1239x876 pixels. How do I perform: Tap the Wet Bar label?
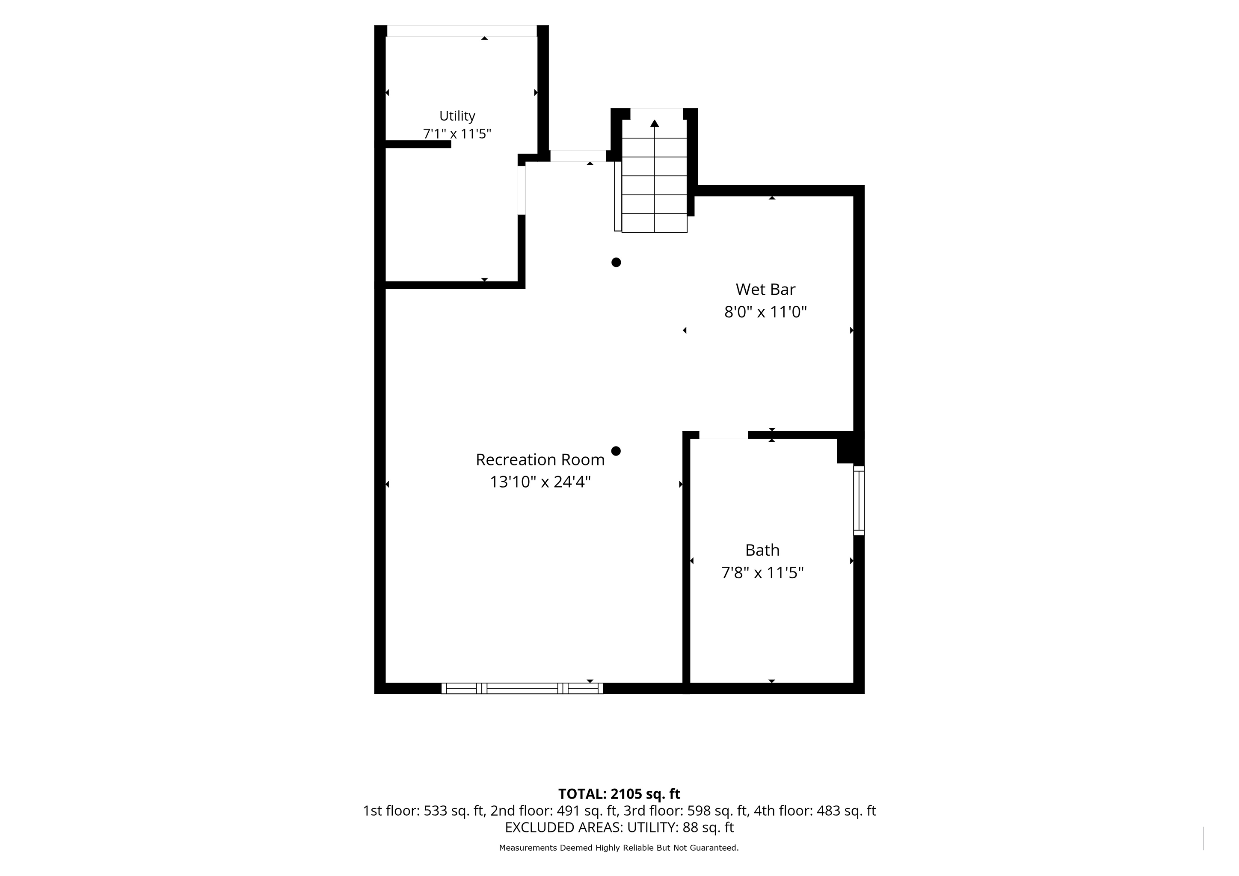(x=765, y=290)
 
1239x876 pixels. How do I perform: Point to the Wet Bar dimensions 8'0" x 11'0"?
(x=765, y=312)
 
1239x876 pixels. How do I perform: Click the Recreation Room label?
(x=540, y=459)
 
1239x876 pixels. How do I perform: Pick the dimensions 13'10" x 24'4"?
(x=540, y=482)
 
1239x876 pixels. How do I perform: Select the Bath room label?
(x=762, y=550)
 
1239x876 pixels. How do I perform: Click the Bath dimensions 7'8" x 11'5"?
(x=762, y=572)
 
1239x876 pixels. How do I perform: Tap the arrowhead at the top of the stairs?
(x=655, y=123)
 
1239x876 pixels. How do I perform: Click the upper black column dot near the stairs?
(x=616, y=262)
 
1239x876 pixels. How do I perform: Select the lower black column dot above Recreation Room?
(x=616, y=451)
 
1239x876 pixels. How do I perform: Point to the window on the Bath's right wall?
(x=859, y=500)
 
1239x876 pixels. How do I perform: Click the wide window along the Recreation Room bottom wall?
(x=522, y=688)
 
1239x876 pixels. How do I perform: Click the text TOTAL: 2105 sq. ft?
(x=619, y=794)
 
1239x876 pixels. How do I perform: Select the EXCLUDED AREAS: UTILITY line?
(x=619, y=828)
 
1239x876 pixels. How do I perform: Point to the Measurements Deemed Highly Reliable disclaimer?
(x=619, y=848)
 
